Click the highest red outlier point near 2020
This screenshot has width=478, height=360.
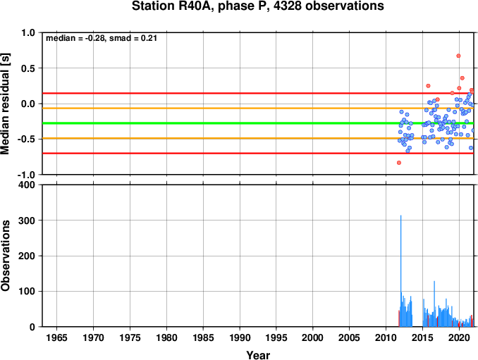[458, 56]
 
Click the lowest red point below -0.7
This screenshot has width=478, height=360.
[399, 163]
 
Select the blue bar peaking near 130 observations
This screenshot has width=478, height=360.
[434, 304]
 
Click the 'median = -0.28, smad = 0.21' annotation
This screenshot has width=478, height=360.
[102, 38]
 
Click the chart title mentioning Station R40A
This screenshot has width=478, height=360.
[257, 6]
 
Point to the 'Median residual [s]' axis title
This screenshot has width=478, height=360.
[5, 104]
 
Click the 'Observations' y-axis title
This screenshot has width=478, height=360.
[5, 256]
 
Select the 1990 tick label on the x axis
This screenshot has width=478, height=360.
[240, 337]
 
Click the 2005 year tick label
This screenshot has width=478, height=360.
[350, 337]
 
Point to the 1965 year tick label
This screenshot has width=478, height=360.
[56, 337]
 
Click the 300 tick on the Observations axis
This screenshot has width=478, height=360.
[27, 221]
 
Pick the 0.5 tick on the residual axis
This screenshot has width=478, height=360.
[28, 68]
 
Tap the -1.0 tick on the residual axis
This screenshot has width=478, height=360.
[26, 175]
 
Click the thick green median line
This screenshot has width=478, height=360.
[258, 123]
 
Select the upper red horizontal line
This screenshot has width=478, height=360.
[258, 93]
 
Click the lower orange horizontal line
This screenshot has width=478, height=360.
[258, 138]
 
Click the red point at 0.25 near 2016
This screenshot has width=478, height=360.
[428, 86]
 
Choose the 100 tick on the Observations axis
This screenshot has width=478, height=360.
[27, 291]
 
